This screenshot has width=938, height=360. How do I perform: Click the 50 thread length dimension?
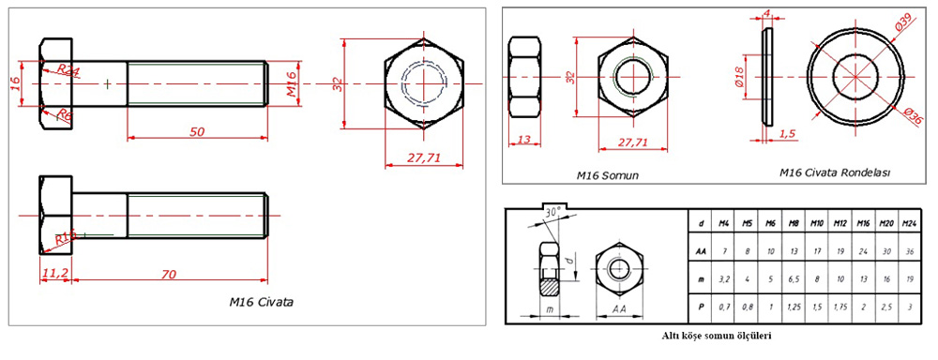tap(197, 132)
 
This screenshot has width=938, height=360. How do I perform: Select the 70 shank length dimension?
tap(169, 274)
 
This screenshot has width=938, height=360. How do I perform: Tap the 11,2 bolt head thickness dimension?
tap(53, 274)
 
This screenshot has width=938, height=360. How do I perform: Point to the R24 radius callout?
tap(68, 70)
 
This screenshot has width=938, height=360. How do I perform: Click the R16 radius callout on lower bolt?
tap(65, 239)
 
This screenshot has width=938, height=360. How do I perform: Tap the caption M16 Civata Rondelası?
tap(834, 172)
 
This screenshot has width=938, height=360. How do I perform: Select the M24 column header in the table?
tap(908, 223)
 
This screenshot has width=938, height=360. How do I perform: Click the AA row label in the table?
tap(702, 250)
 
